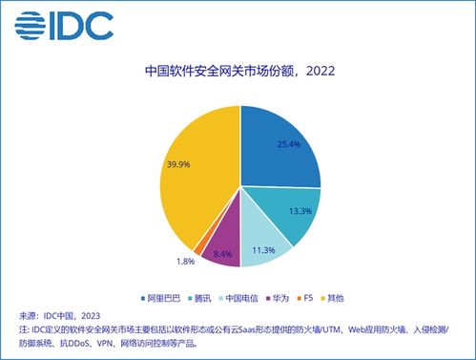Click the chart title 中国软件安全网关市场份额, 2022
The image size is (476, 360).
(x=238, y=72)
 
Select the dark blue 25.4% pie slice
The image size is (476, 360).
(x=277, y=143)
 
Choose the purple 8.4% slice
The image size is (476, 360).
(x=221, y=246)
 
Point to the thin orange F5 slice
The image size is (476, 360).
(x=199, y=246)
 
